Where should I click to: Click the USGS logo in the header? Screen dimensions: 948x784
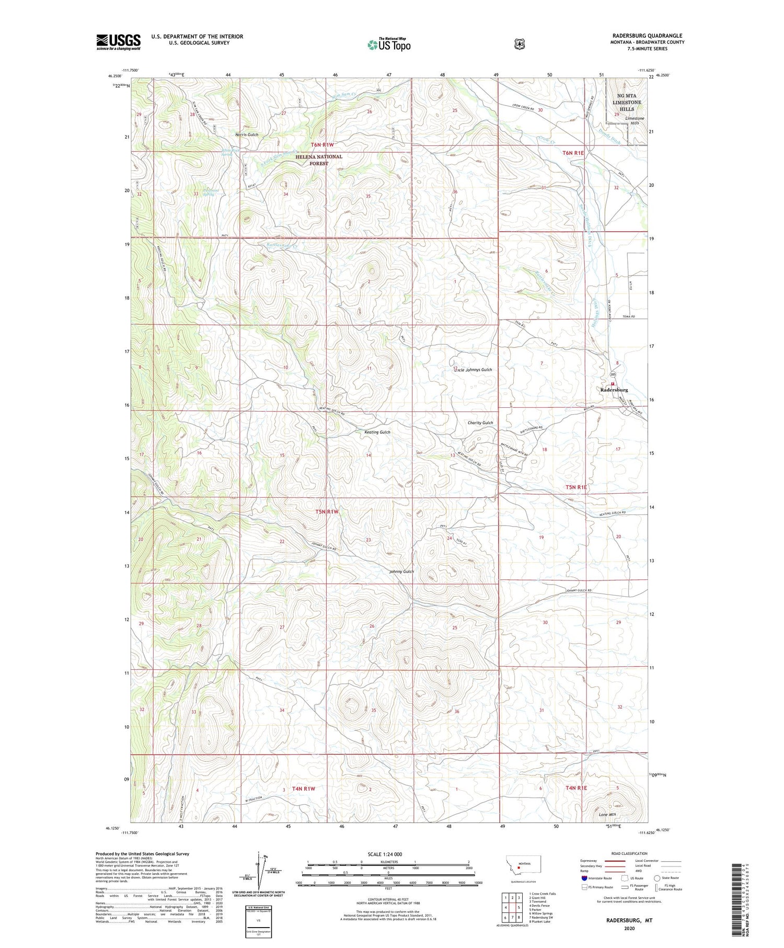click(118, 42)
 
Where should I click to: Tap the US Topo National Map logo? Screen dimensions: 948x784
click(389, 44)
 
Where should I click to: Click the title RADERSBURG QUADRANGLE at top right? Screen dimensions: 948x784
click(642, 36)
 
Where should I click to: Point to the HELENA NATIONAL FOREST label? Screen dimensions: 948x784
click(319, 160)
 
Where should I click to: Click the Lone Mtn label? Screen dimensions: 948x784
click(607, 815)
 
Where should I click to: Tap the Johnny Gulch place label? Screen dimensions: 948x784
click(401, 572)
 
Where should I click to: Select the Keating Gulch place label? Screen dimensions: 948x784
click(377, 432)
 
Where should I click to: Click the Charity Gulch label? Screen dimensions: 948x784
click(480, 422)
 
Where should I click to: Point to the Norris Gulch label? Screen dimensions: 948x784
click(247, 134)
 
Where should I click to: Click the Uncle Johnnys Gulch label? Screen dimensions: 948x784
click(472, 370)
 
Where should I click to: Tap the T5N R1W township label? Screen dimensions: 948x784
click(327, 512)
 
